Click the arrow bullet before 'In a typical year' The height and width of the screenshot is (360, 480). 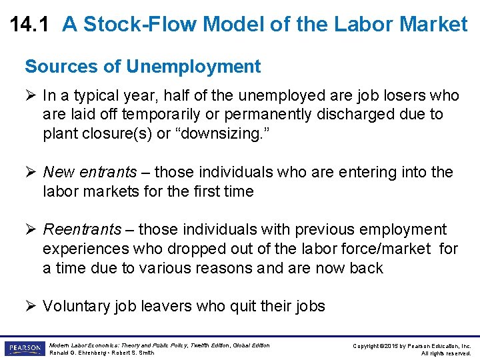click(30, 95)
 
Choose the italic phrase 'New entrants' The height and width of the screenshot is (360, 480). click(81, 172)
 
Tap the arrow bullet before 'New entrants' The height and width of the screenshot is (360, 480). click(30, 172)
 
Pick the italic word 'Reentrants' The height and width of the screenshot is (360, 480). click(82, 230)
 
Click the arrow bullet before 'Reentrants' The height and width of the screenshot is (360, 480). click(30, 230)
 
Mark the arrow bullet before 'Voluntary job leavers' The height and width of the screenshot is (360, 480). click(30, 307)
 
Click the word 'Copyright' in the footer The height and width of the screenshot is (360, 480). click(365, 345)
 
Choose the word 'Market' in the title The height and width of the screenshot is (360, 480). click(435, 25)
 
